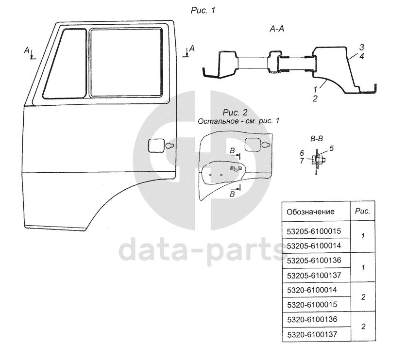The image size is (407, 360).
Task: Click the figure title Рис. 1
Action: pos(203,10)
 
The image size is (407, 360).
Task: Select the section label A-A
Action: pos(277,29)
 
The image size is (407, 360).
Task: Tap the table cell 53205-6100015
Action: pos(314,231)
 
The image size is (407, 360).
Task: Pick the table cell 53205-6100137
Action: pos(314,275)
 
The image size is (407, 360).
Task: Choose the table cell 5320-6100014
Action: pos(312,290)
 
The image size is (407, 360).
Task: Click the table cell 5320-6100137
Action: pos(312,335)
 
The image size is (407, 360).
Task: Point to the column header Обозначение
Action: pos(310,212)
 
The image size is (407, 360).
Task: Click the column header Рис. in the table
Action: pos(363,211)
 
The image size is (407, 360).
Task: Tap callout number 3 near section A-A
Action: pos(361,47)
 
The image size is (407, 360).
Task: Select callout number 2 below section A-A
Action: pos(315,98)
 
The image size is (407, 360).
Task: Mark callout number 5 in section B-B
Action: pos(331,148)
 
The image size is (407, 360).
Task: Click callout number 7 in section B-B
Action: pos(302,161)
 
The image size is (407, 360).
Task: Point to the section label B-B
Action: pos(317,139)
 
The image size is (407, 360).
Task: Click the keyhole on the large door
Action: pos(170,146)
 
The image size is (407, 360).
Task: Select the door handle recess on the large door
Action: pos(156,146)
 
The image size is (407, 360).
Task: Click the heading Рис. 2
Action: pos(235,113)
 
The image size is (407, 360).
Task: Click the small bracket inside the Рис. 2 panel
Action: pos(236,168)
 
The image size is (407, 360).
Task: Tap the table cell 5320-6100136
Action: pos(312,320)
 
